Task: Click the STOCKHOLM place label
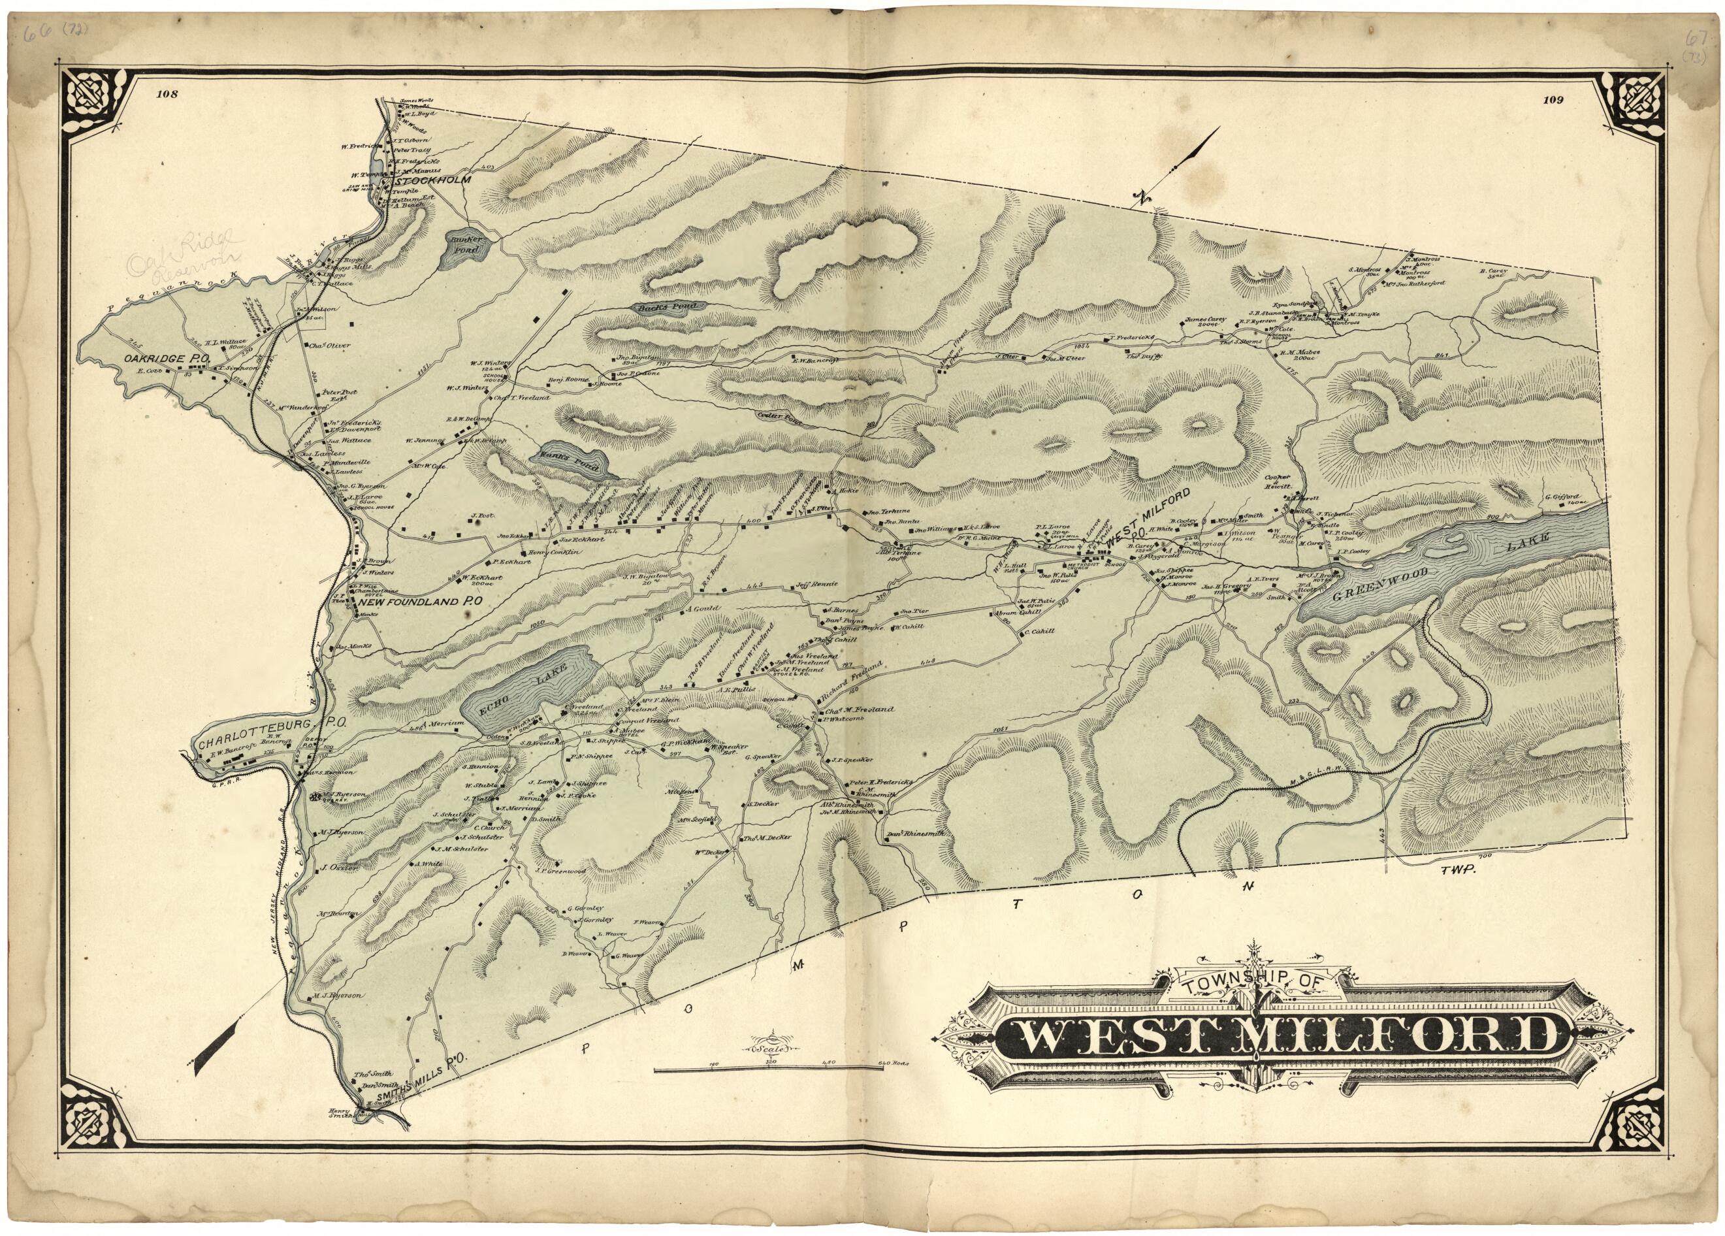pos(430,181)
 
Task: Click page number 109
pos(1525,98)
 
